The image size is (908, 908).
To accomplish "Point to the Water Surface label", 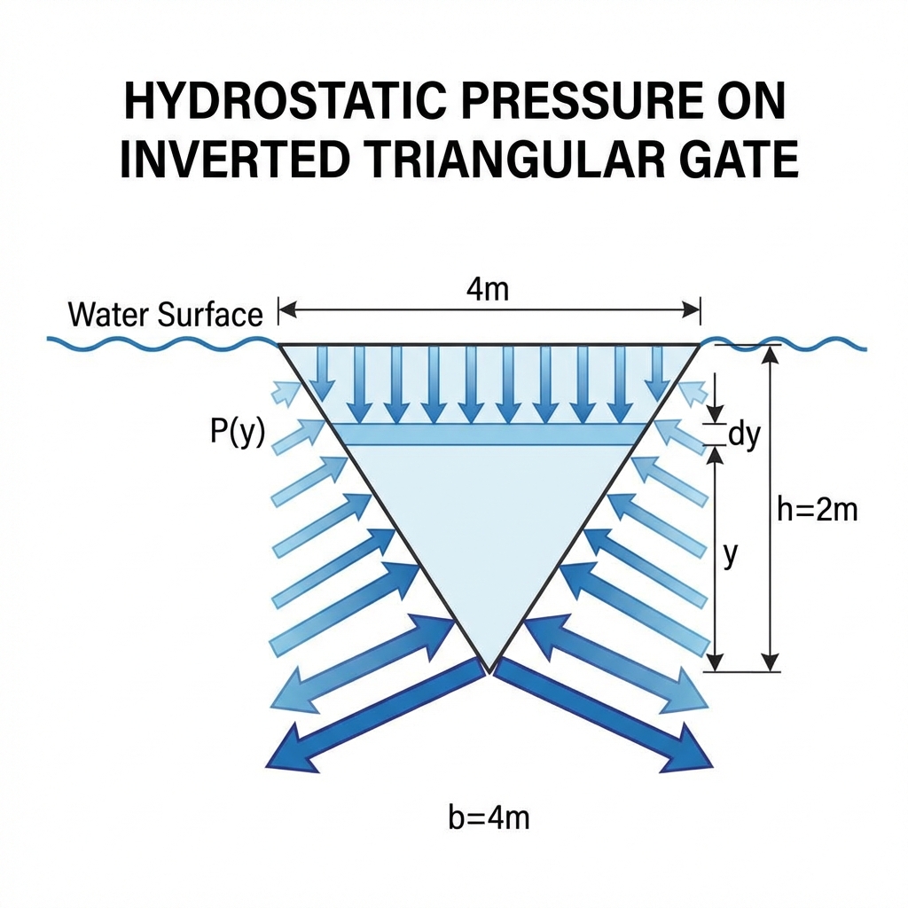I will pos(165,315).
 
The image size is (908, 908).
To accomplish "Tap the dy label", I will pos(745,435).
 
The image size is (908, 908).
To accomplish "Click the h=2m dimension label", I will pos(817,511).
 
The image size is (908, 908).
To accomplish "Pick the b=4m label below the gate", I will pos(489,817).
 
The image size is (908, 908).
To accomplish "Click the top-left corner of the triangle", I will pos(280,344).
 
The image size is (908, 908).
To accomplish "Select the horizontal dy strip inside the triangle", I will pos(489,434).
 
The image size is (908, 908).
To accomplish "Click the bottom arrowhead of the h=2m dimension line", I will pos(771,661).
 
